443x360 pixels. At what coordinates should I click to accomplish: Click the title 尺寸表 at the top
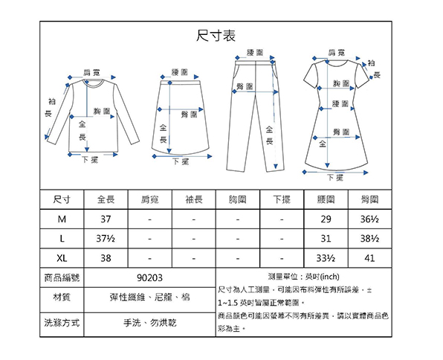(x=216, y=36)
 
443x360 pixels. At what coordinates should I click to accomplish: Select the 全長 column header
(x=106, y=199)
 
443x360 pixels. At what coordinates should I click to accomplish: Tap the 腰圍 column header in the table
(x=326, y=199)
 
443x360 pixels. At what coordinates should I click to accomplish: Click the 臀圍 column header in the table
(x=370, y=199)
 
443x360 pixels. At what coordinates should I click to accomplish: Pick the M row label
(x=62, y=219)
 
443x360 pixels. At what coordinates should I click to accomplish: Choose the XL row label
(x=62, y=258)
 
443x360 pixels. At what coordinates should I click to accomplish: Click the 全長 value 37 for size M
(x=106, y=219)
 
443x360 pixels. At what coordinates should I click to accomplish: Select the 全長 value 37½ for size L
(x=106, y=239)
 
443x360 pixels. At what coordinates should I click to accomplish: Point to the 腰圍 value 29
(x=326, y=219)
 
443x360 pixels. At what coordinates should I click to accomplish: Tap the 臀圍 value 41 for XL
(x=370, y=258)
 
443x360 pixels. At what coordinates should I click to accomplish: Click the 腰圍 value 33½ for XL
(x=326, y=258)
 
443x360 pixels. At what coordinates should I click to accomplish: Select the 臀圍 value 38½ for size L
(x=370, y=239)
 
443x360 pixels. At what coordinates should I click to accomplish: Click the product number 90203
(x=149, y=278)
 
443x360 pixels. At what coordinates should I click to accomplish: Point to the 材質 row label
(x=62, y=298)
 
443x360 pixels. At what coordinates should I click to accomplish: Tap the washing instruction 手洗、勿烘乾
(x=149, y=323)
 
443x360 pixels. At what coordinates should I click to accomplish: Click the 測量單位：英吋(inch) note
(x=304, y=277)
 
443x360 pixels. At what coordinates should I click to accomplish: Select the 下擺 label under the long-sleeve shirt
(x=91, y=160)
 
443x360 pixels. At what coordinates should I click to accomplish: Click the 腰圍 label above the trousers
(x=255, y=52)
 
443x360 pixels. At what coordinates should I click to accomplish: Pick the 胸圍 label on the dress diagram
(x=341, y=83)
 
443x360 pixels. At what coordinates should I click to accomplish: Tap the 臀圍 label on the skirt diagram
(x=189, y=115)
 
